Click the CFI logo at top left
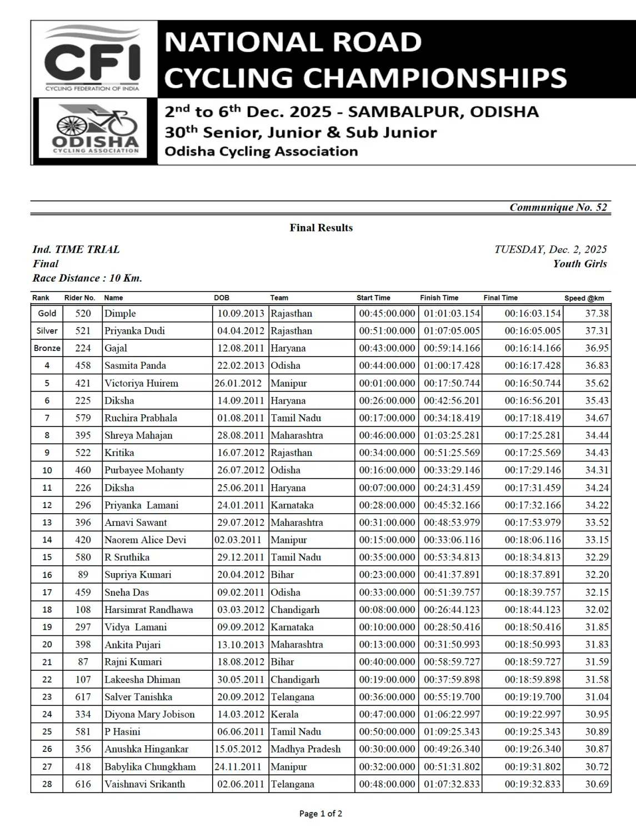(x=92, y=59)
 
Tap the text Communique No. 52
(x=558, y=207)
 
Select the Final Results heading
(x=321, y=228)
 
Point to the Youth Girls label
(x=579, y=264)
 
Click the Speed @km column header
(x=584, y=298)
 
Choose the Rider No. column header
(x=80, y=298)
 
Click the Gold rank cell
(x=47, y=313)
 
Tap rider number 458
(x=83, y=365)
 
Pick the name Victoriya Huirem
(x=141, y=383)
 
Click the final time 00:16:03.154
(x=532, y=313)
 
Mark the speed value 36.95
(x=597, y=348)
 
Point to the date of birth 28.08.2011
(x=241, y=435)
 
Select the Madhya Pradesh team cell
(x=306, y=749)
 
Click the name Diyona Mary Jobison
(x=149, y=714)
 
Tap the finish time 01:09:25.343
(x=452, y=732)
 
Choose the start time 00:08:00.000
(x=387, y=610)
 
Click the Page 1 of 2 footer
(x=320, y=814)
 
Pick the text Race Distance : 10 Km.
(x=87, y=278)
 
